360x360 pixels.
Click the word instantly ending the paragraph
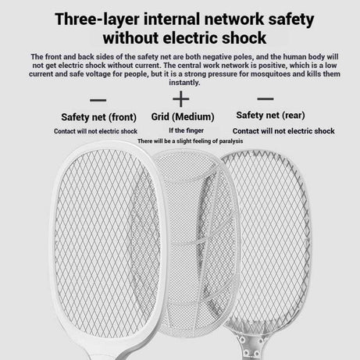(184, 83)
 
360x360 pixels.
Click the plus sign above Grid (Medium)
(181, 99)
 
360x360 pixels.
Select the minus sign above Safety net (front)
(98, 100)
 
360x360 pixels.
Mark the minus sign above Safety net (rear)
(266, 98)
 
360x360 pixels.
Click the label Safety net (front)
(99, 117)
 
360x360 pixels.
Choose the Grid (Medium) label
(183, 117)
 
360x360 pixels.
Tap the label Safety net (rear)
(270, 116)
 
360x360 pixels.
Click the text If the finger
(186, 130)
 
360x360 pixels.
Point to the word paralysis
(231, 141)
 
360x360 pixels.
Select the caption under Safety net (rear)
(283, 131)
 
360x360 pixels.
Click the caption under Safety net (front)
(95, 131)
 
